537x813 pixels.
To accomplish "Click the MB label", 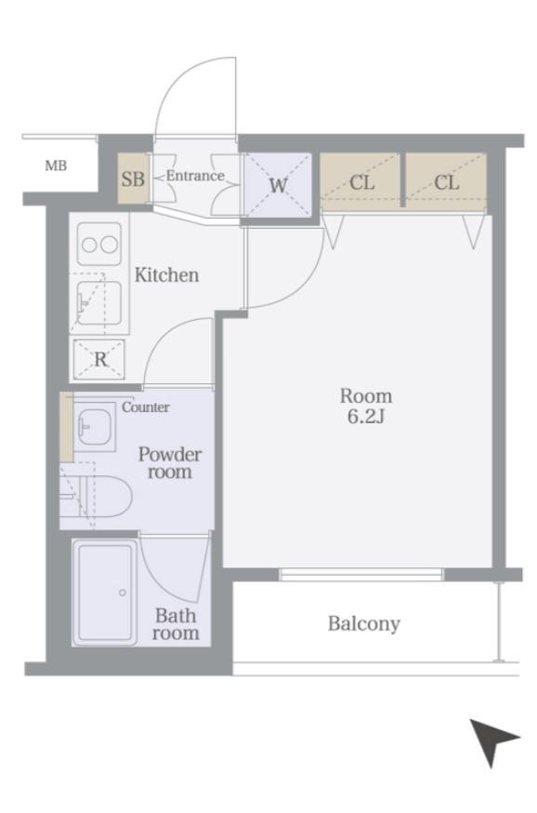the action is tap(56, 166).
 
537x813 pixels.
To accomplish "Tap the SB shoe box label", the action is tap(133, 179).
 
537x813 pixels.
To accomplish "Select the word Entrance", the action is tap(195, 176).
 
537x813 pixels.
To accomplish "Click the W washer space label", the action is tap(278, 185).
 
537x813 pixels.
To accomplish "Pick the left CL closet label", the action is tap(362, 182).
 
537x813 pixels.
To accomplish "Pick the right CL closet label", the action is tap(446, 182).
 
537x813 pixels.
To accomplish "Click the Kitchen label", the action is tap(166, 274).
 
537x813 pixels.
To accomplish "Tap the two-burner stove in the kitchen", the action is tap(99, 245).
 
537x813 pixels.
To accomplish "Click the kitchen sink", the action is tap(98, 303).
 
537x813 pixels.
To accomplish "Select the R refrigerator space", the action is tap(99, 359).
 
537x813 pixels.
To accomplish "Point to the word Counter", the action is tap(146, 407).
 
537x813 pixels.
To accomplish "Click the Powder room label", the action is tap(170, 463).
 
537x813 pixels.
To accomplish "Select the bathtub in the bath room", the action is tap(104, 593).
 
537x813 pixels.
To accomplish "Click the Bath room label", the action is tap(176, 624).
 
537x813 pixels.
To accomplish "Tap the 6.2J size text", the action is tap(366, 417).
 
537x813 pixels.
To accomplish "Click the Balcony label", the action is tap(364, 623).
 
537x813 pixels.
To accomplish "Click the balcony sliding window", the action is tap(360, 575).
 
